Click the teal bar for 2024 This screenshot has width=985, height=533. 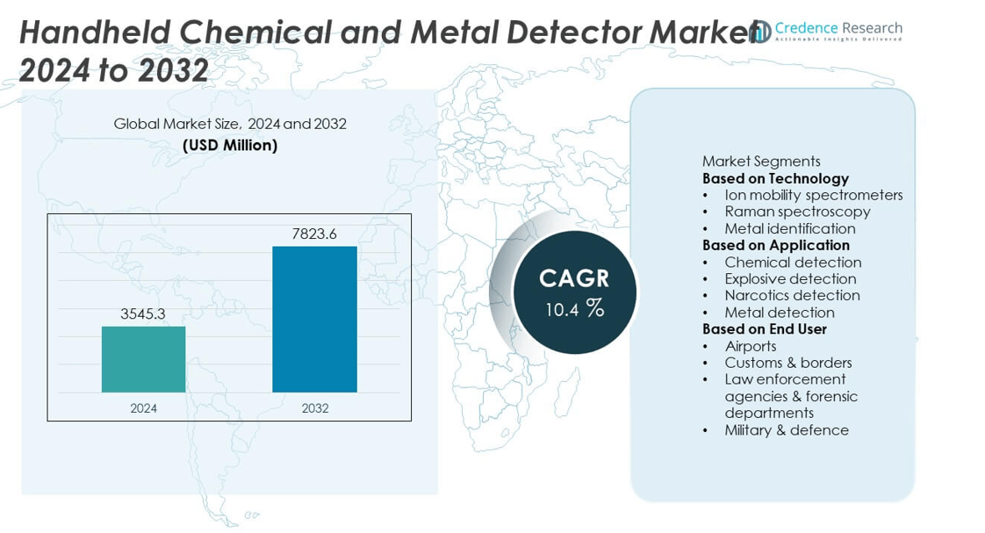tap(143, 359)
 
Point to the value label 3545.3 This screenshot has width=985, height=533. tap(143, 313)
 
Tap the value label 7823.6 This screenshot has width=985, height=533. tap(314, 234)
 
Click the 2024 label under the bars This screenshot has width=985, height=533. tap(143, 408)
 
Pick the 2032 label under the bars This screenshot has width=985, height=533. tap(314, 408)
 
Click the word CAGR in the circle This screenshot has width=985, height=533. tap(573, 278)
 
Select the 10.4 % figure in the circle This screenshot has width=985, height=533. tap(574, 309)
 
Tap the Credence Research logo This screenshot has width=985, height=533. tap(825, 31)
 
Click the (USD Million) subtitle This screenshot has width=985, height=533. tap(230, 145)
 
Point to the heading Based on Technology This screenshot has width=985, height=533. tap(775, 178)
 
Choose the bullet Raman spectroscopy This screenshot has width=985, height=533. tap(797, 212)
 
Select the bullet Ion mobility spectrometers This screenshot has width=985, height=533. tap(813, 195)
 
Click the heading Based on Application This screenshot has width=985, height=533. tap(776, 245)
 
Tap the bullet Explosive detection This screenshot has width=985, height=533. tap(790, 279)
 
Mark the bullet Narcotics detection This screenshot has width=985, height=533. tap(792, 296)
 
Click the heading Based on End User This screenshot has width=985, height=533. tap(764, 329)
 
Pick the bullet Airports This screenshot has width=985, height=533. tap(750, 346)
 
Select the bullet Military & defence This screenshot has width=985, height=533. tap(786, 430)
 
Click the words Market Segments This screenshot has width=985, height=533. tap(761, 162)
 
